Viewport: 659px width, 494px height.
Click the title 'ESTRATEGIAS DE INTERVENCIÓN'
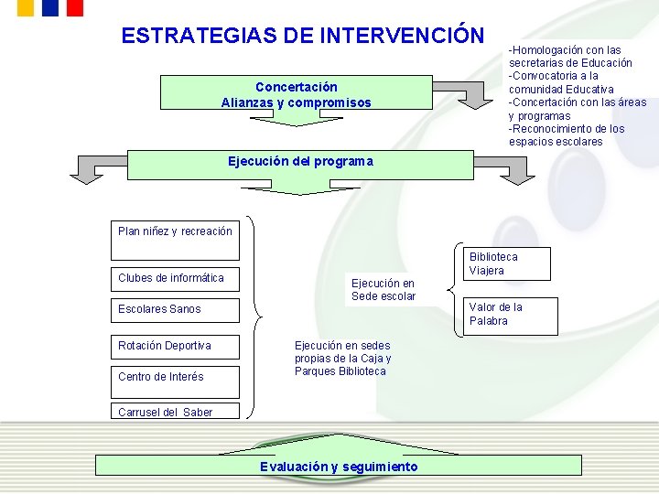[302, 36]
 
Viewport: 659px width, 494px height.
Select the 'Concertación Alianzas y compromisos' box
[296, 95]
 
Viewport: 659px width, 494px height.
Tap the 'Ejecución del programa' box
[300, 162]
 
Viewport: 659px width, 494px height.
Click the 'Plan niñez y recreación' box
[175, 231]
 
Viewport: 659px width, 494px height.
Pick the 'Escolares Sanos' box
[174, 309]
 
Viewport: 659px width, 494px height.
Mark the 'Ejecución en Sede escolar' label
[383, 290]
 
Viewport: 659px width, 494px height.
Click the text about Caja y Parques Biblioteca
[341, 359]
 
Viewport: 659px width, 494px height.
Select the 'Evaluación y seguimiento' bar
[338, 467]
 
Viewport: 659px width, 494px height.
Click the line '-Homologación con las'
[565, 50]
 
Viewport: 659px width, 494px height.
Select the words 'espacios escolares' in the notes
[556, 142]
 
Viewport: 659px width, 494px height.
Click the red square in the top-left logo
[74, 7]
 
